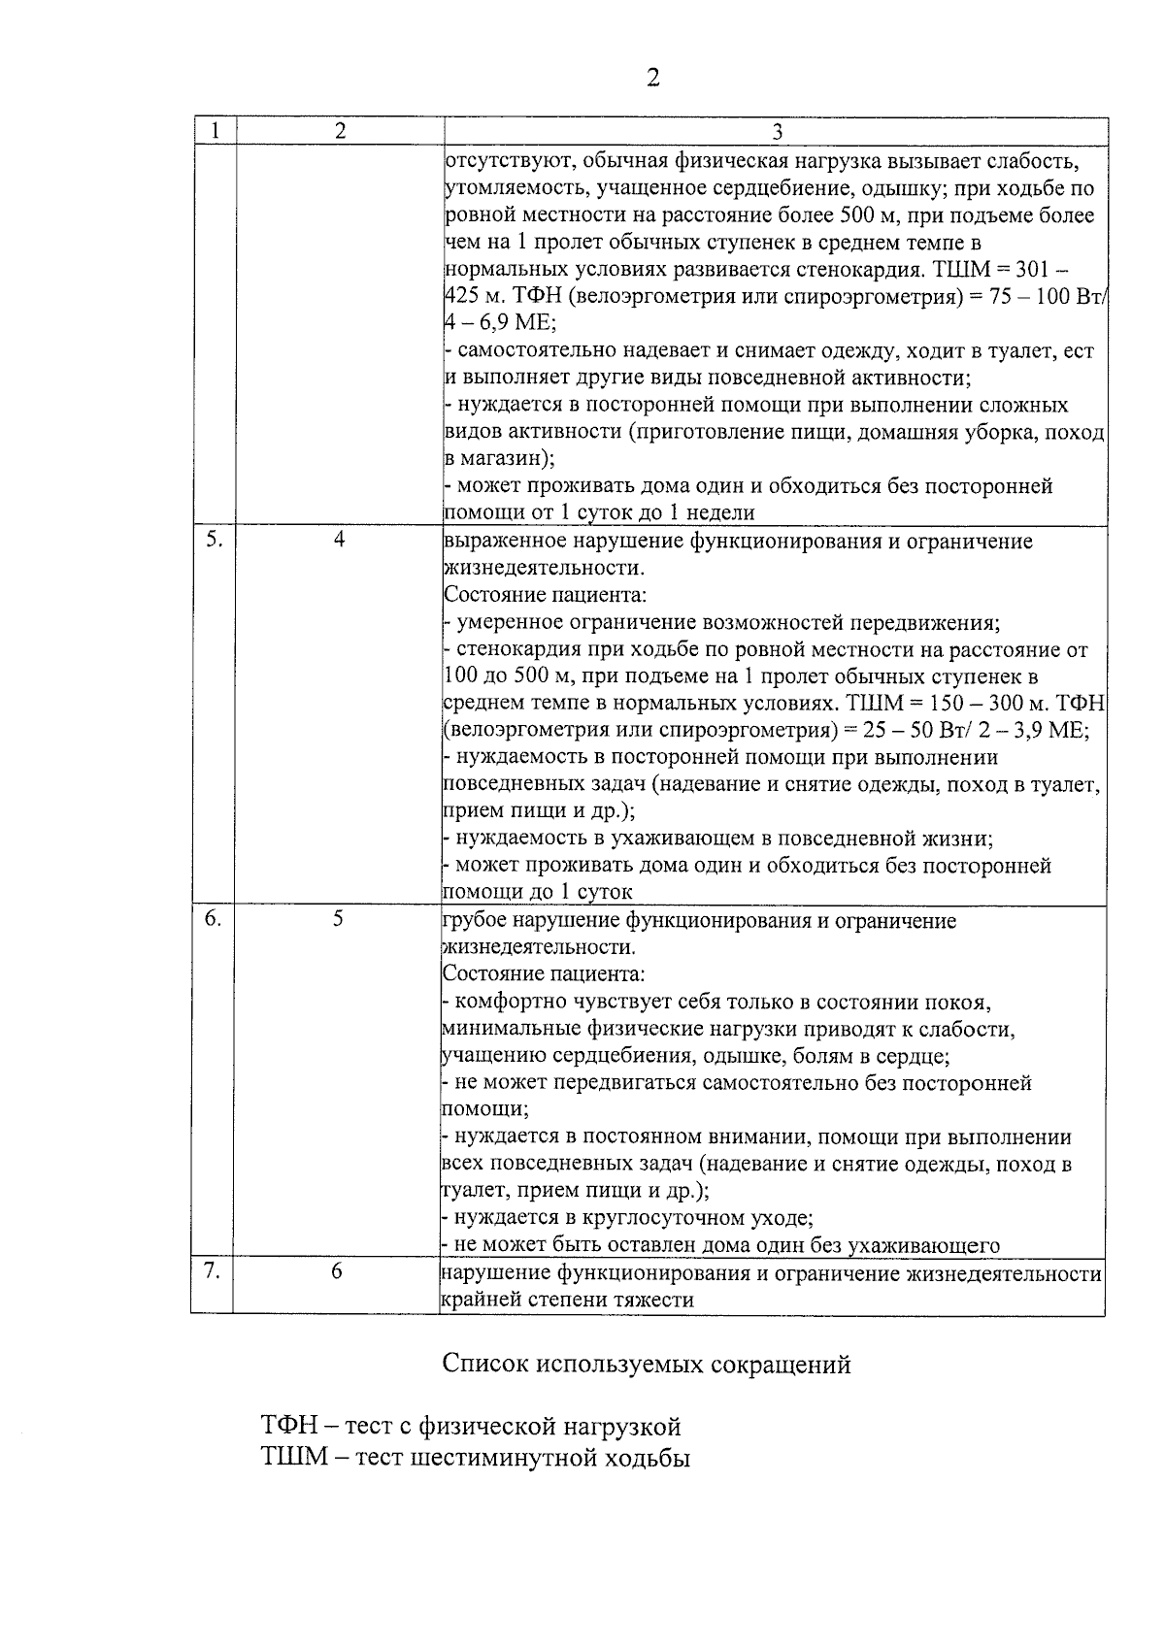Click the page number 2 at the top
pos(652,77)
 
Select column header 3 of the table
pos(777,132)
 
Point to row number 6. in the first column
pos(213,919)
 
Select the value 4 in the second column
pos(339,541)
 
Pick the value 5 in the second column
pos(338,919)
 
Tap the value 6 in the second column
pos(337,1271)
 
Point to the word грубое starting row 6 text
pos(472,920)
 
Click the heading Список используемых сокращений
pos(647,1364)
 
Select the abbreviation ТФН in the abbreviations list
pos(288,1426)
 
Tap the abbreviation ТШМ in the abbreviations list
pos(290,1458)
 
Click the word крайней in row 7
pos(477,1300)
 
